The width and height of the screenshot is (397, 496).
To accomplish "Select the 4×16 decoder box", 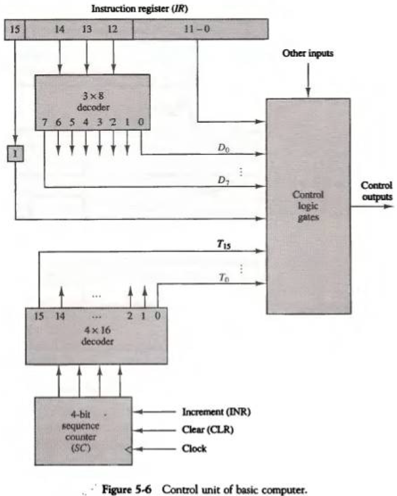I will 96,335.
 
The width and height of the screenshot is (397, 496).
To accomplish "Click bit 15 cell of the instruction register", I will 15,29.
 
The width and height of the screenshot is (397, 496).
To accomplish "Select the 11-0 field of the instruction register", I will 199,29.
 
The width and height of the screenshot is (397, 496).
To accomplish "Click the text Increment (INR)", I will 216,412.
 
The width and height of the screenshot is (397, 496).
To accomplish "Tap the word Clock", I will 194,449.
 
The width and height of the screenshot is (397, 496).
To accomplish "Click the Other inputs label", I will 307,54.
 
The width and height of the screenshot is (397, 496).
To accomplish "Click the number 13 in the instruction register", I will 87,29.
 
